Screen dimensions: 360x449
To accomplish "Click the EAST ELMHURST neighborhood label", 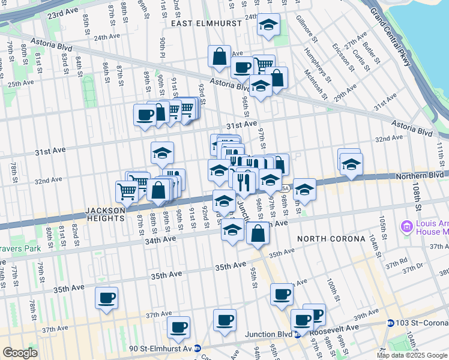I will pyautogui.click(x=206, y=23).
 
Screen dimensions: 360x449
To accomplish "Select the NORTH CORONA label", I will pyautogui.click(x=331, y=239).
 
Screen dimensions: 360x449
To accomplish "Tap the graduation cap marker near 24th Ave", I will pyautogui.click(x=268, y=25).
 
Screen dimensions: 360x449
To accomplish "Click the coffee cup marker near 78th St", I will pyautogui.click(x=107, y=298).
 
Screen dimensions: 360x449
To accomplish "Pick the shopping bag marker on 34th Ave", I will pyautogui.click(x=258, y=233).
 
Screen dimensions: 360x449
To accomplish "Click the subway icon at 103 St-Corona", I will pyautogui.click(x=390, y=323).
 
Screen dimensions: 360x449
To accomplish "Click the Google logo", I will pyautogui.click(x=20, y=353).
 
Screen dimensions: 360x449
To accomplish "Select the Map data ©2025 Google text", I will pyautogui.click(x=412, y=355).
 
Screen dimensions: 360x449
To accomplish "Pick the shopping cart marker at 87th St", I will pyautogui.click(x=127, y=192).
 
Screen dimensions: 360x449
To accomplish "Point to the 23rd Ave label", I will pyautogui.click(x=63, y=12).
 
